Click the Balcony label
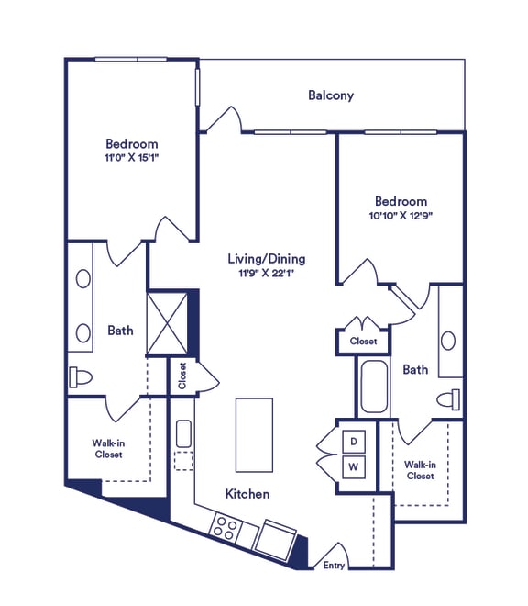pyautogui.click(x=331, y=95)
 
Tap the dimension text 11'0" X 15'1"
pyautogui.click(x=131, y=158)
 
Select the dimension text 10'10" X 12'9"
pyautogui.click(x=401, y=216)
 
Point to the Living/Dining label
pyautogui.click(x=266, y=258)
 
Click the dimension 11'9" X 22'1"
pyautogui.click(x=266, y=273)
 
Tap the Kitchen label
pyautogui.click(x=247, y=494)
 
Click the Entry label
pyautogui.click(x=334, y=566)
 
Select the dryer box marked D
pyautogui.click(x=354, y=442)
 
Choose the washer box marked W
pyautogui.click(x=354, y=467)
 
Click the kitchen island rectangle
pyautogui.click(x=254, y=434)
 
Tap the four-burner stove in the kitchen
pyautogui.click(x=225, y=528)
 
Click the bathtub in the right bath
pyautogui.click(x=375, y=387)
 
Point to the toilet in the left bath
pyautogui.click(x=80, y=377)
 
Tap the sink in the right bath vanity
pyautogui.click(x=447, y=341)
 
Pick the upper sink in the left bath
pyautogui.click(x=82, y=279)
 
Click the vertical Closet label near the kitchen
pyautogui.click(x=181, y=376)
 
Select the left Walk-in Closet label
pyautogui.click(x=108, y=448)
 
